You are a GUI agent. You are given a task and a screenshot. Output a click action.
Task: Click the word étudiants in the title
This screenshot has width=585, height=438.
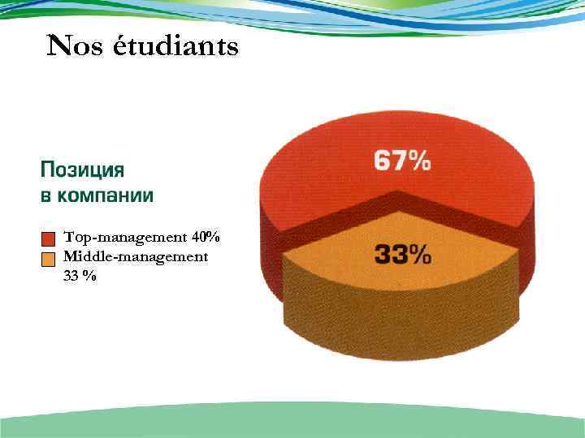pos(175,47)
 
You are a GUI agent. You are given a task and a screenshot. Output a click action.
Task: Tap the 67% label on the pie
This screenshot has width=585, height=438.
pos(402,161)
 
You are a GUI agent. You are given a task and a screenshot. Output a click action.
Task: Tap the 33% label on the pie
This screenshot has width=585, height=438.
pos(402,255)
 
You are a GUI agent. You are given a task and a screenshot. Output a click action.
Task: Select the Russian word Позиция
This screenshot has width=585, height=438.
pos(82,172)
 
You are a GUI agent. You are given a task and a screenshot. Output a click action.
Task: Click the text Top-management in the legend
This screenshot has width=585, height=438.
pos(126,238)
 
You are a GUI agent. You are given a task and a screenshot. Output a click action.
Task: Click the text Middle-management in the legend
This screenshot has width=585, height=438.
pos(136,257)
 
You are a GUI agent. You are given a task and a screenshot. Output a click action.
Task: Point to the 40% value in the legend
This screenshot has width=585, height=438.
pos(206,238)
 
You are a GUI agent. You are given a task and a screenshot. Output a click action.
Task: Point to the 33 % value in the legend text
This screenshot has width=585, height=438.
pos(80,276)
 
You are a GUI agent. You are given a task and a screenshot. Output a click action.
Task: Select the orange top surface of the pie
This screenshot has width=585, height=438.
pos(341,260)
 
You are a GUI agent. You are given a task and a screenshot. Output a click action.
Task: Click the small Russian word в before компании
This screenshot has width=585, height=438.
pos(45,196)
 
